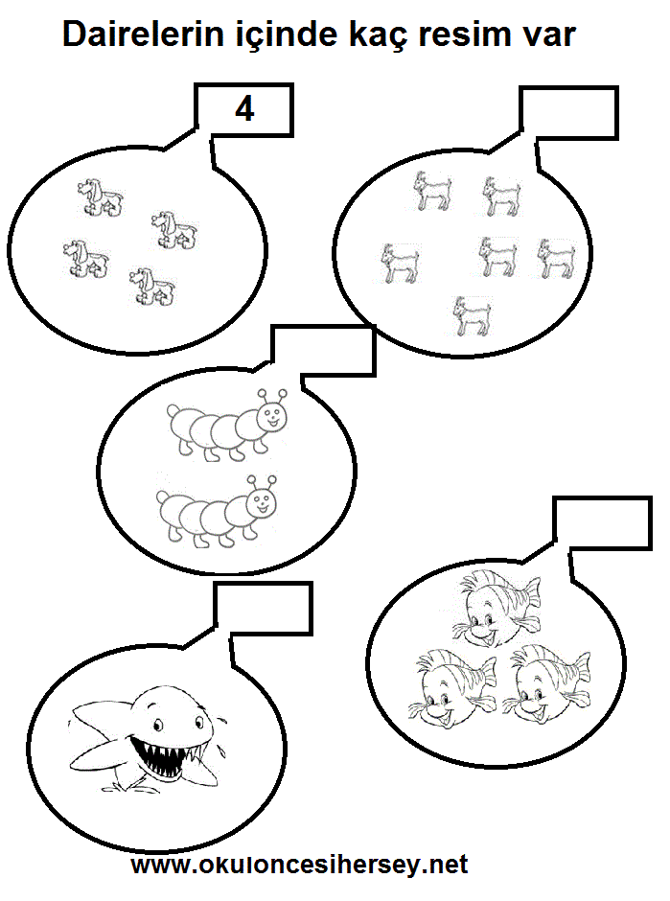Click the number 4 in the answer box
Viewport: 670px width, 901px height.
click(244, 108)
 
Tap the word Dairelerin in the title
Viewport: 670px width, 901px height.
click(143, 35)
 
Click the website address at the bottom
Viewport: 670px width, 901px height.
click(299, 864)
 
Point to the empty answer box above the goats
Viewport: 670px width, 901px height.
click(568, 113)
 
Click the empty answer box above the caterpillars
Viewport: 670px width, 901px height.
click(323, 351)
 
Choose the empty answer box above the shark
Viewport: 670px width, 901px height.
click(264, 608)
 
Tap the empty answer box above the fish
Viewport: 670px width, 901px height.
click(602, 523)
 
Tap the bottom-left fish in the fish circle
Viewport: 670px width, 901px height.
click(452, 688)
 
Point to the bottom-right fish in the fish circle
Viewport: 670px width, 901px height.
click(546, 682)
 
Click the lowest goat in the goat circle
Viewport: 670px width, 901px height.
click(473, 315)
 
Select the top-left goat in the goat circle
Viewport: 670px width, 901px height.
click(432, 191)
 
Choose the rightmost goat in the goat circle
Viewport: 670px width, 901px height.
click(556, 259)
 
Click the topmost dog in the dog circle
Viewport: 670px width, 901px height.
click(101, 197)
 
